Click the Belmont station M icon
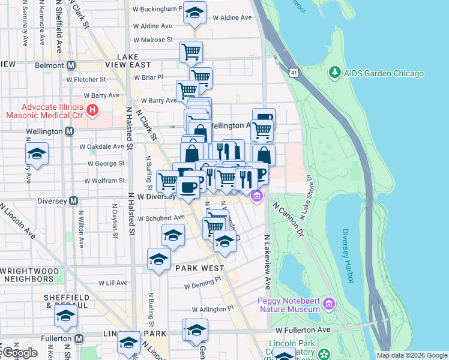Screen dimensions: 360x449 [71, 65]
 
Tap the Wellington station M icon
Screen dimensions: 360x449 [70, 131]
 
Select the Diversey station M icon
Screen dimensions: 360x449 [73, 201]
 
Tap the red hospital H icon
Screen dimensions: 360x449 [92, 110]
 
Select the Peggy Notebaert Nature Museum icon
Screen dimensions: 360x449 [328, 304]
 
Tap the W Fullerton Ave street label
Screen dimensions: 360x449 [303, 330]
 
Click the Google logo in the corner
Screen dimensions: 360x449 [19, 353]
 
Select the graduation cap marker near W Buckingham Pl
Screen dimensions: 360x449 [194, 13]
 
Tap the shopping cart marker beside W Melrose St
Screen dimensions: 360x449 [191, 52]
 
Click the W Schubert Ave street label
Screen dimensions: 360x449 [161, 218]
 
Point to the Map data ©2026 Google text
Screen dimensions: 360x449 [412, 355]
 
